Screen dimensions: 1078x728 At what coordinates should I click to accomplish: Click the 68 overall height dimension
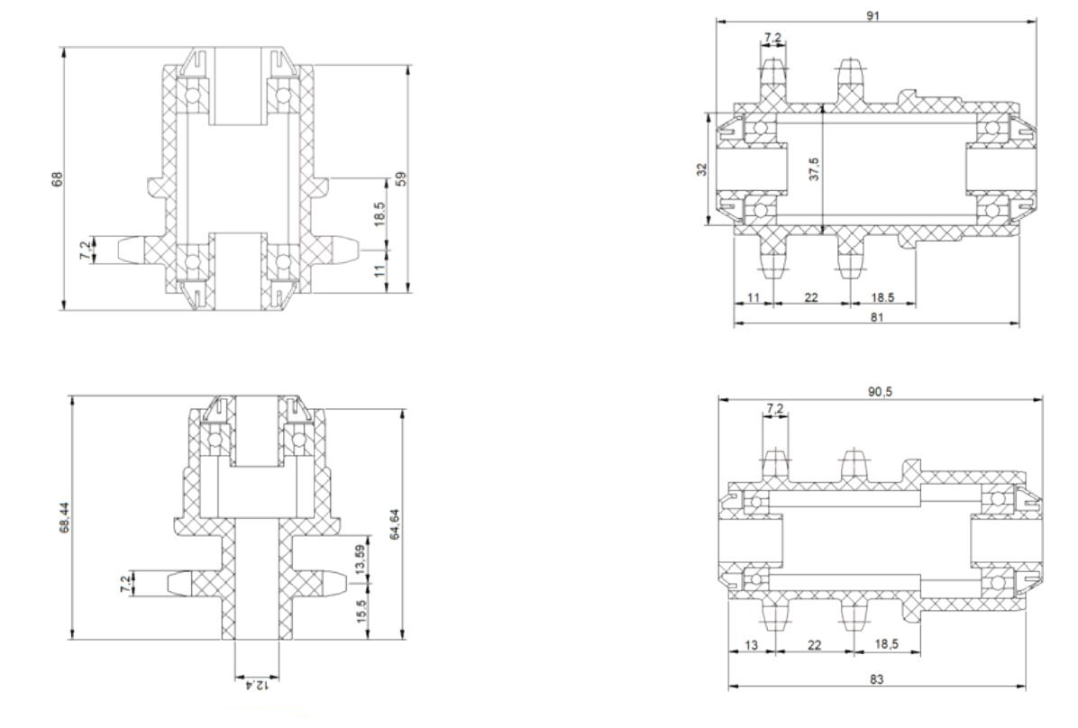pos(57,178)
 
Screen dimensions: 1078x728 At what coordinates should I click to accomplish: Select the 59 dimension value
pos(401,178)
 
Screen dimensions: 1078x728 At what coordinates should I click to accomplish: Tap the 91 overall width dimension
pos(872,15)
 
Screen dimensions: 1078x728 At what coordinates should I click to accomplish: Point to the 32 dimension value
pos(701,169)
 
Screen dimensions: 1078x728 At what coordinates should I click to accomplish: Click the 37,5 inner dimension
pos(814,168)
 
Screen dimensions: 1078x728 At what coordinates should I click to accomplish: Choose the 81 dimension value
pos(877,317)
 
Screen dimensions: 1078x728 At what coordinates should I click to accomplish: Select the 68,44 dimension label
pos(64,517)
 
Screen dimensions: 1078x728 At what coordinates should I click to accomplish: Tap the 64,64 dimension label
pos(394,523)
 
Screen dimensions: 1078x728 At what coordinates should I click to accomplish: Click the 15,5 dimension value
pos(361,611)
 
